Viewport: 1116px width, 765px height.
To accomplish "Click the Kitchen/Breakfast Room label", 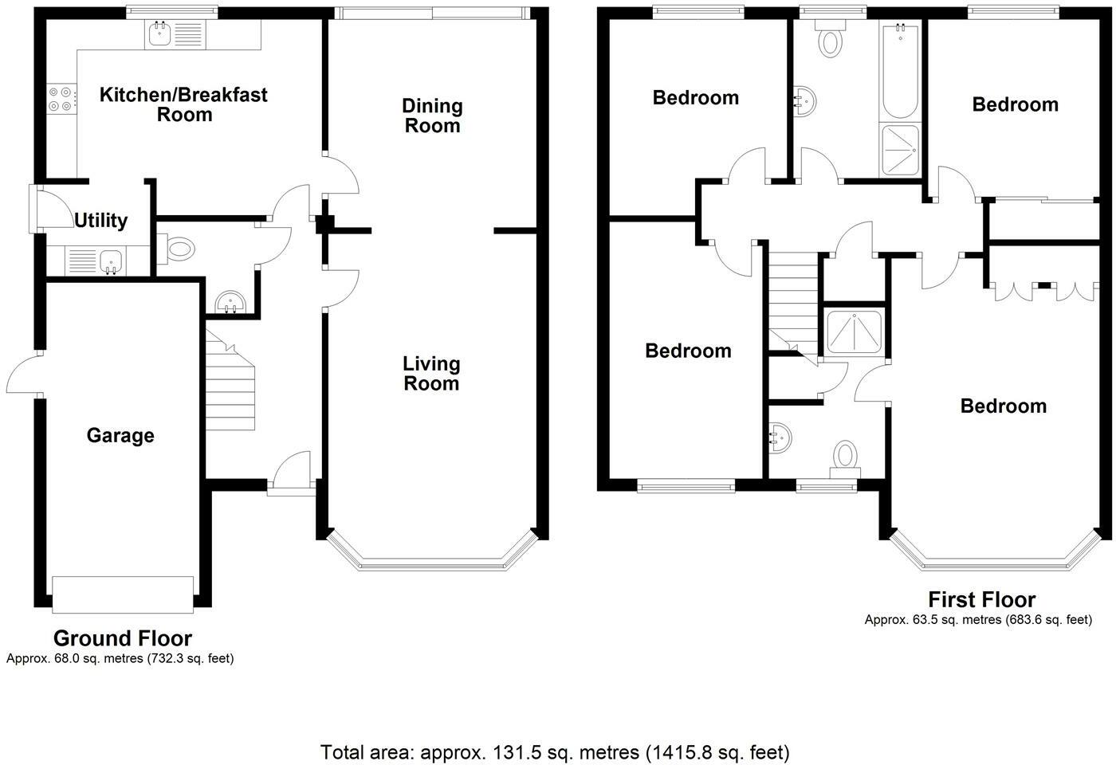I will click(183, 104).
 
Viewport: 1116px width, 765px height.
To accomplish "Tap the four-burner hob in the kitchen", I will click(61, 97).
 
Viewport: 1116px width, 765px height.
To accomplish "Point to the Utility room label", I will click(100, 221).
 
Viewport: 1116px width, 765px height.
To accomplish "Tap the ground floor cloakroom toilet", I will click(178, 249).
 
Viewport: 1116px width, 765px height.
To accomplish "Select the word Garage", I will click(120, 436).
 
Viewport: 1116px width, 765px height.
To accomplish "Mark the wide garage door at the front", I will click(122, 594).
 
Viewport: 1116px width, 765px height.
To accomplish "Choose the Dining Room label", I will click(432, 116).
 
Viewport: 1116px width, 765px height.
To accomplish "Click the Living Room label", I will click(431, 374).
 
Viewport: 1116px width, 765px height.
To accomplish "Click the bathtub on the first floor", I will click(900, 72).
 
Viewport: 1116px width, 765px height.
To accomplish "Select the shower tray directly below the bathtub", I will click(900, 151).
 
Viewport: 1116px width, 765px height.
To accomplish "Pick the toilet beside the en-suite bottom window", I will click(844, 457).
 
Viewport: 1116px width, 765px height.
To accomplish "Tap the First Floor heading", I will click(981, 600).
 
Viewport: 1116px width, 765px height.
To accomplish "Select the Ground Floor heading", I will click(122, 638).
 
